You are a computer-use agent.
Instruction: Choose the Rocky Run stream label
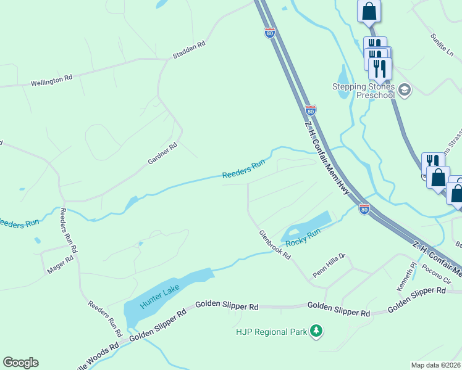pos(303,237)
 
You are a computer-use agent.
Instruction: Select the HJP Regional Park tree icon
pos(316,332)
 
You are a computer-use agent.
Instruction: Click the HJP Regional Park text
pos(271,332)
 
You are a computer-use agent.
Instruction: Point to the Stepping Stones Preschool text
pos(363,91)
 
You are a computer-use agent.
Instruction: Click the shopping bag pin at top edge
pos(369,10)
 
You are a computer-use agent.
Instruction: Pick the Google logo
pos(20,363)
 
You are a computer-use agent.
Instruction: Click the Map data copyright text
pos(436,365)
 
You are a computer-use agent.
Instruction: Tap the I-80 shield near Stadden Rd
pos(270,33)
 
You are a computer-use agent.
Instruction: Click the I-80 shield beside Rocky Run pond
pos(364,210)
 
